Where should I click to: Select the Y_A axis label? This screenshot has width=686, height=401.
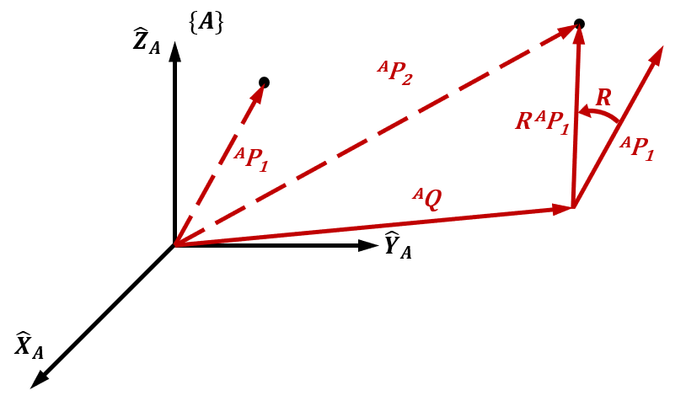[398, 245]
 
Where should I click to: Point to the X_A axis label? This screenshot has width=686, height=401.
[29, 345]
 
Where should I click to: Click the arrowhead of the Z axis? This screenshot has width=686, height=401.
[174, 51]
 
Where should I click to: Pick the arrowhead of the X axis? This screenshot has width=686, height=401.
[39, 381]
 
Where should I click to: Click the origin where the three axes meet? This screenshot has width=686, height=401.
[174, 246]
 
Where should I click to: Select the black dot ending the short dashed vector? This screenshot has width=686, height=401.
[264, 82]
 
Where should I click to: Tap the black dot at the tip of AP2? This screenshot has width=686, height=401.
[579, 23]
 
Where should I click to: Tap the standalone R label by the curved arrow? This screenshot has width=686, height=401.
[603, 98]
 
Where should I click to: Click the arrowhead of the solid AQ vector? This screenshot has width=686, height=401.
[563, 208]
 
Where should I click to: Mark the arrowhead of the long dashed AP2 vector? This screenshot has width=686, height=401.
[566, 31]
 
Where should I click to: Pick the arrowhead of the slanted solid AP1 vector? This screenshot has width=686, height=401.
[657, 56]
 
